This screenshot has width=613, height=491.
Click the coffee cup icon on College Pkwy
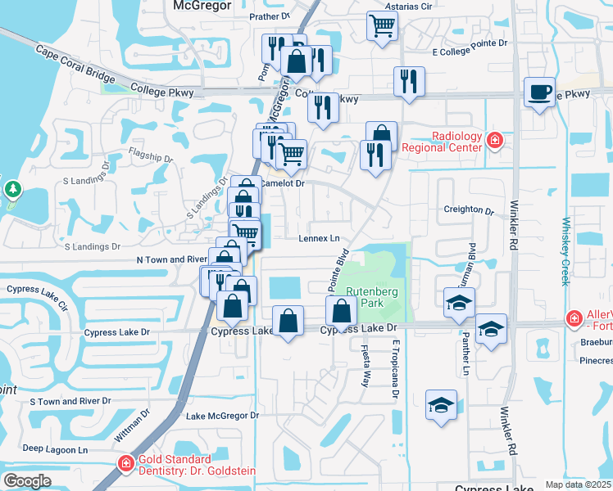[x=539, y=92]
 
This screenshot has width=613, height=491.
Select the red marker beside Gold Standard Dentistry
[x=125, y=464]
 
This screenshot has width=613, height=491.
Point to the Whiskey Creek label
[x=565, y=251]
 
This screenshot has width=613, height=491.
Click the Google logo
[x=27, y=481]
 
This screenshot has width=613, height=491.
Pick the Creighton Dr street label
[x=469, y=209]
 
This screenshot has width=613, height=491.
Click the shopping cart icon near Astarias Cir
[x=382, y=25]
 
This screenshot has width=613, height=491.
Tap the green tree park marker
[x=12, y=191]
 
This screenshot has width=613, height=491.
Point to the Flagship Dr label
[x=152, y=159]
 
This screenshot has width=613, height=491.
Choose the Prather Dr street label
[x=270, y=16]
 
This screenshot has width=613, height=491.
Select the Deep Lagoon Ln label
[x=55, y=449]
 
